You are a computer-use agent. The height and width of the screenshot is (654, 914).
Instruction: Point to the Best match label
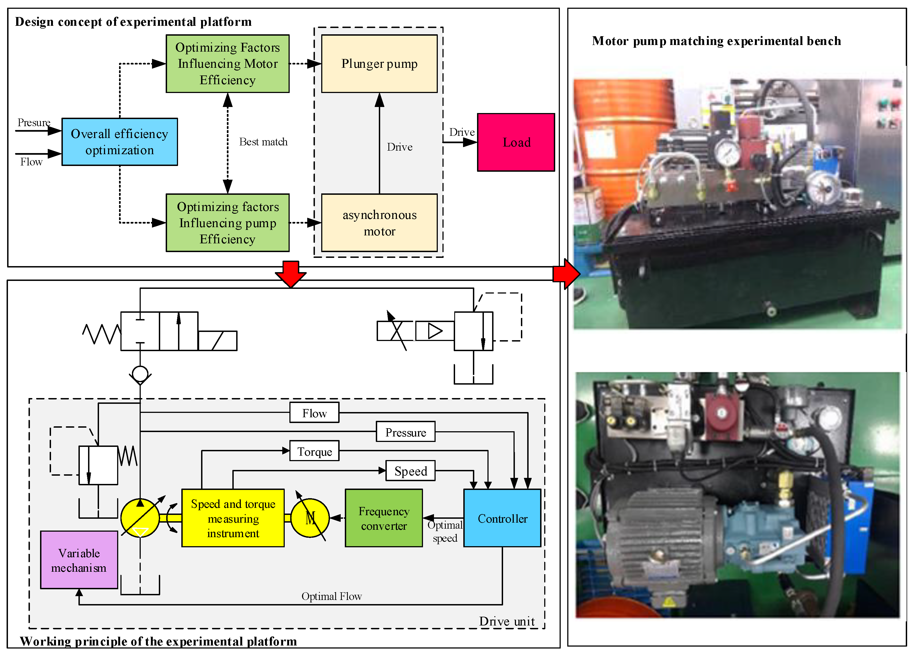(263, 142)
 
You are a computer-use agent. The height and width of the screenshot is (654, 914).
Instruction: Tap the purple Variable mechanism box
(79, 560)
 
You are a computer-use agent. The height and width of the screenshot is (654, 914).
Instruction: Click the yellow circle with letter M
(310, 518)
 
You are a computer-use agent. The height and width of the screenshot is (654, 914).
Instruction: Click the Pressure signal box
(405, 432)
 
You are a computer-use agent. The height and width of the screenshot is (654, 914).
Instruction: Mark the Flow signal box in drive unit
(314, 413)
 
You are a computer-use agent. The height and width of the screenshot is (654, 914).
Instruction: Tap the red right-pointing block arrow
(566, 274)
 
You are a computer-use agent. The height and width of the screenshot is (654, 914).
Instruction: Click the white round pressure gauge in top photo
(727, 153)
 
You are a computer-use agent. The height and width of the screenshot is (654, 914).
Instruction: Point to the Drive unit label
(507, 621)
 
